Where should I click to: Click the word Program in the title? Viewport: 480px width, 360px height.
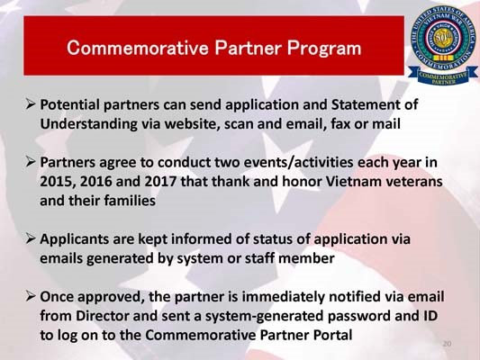click(x=323, y=46)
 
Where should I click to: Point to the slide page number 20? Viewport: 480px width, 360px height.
click(x=447, y=343)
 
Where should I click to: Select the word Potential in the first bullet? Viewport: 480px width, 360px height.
click(x=74, y=104)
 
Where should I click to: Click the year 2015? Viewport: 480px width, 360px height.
click(x=59, y=182)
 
